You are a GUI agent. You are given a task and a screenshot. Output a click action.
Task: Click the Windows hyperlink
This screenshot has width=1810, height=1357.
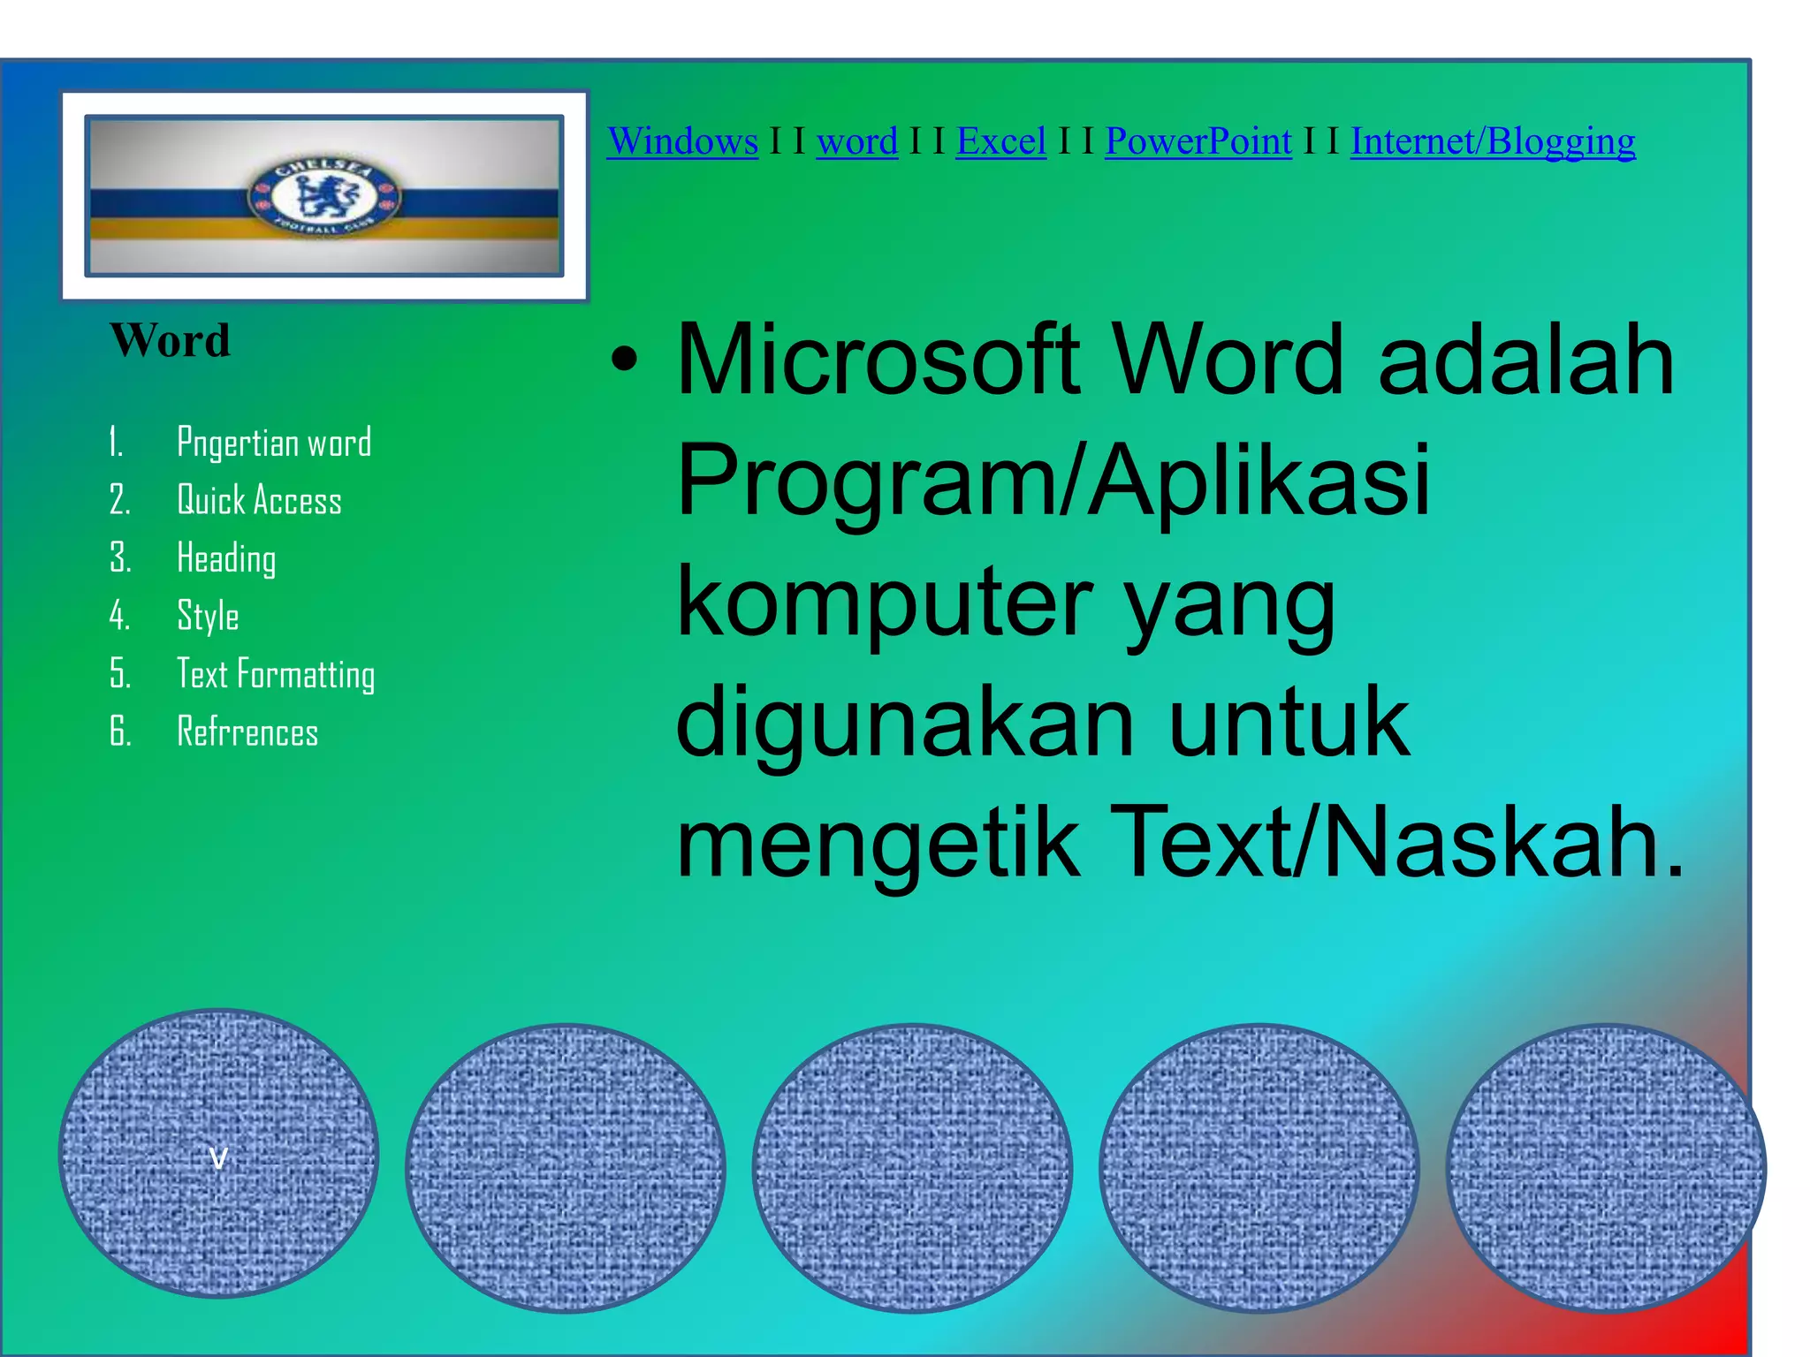(682, 141)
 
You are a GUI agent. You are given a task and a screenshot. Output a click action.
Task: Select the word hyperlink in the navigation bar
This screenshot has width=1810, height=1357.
(856, 141)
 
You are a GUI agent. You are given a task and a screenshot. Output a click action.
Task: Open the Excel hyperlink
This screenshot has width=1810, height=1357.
(1000, 141)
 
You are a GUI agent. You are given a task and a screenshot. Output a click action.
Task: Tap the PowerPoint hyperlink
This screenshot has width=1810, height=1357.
(1198, 141)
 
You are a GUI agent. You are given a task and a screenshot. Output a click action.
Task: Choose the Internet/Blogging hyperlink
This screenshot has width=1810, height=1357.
(1492, 141)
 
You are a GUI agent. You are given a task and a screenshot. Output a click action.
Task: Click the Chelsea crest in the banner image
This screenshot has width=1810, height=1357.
(323, 197)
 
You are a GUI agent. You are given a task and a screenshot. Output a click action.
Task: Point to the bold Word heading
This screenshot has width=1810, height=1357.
(170, 340)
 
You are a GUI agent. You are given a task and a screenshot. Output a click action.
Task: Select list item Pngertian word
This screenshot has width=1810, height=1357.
(274, 443)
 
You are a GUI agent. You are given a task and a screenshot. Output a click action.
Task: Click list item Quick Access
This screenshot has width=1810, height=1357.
(259, 500)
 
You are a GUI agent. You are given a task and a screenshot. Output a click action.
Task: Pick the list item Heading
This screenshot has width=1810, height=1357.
(226, 558)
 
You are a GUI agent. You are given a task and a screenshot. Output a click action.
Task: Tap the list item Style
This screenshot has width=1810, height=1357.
(208, 616)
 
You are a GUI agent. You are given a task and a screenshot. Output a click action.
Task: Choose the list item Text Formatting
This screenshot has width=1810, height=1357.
(276, 674)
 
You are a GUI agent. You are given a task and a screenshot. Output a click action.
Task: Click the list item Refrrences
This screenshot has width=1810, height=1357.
(247, 732)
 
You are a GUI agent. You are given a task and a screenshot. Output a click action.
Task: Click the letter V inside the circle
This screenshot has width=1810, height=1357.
(218, 1157)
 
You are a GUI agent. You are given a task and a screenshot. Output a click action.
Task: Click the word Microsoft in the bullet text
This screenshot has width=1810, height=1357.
(877, 360)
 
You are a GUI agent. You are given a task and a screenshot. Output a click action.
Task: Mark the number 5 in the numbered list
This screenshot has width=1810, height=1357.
(119, 674)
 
